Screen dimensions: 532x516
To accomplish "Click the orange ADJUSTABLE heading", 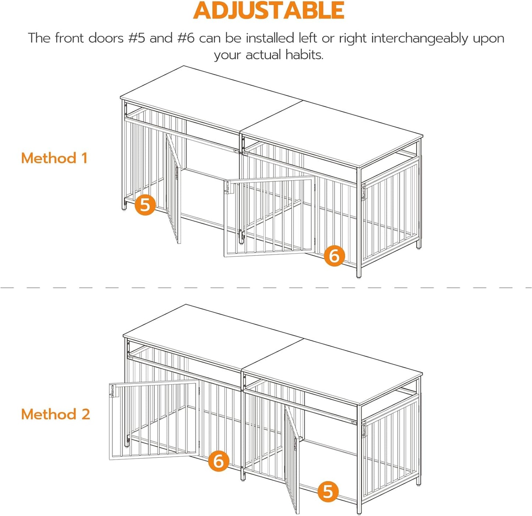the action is (x=268, y=10).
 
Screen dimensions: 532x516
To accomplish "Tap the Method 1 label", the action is (x=54, y=158).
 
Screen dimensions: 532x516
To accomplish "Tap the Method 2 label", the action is (x=56, y=414).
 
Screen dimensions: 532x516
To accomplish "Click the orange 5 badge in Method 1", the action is (x=145, y=204).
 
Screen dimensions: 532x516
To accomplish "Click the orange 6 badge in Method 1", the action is (x=334, y=256).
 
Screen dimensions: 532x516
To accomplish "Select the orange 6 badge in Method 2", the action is (x=219, y=461).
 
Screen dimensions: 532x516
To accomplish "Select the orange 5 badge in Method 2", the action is (x=328, y=491).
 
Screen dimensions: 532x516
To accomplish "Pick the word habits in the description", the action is (x=304, y=55).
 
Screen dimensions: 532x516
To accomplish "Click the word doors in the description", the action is (x=106, y=38).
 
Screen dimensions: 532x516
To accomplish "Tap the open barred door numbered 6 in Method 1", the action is (x=269, y=217).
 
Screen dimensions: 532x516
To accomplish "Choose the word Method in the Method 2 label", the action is (x=49, y=414).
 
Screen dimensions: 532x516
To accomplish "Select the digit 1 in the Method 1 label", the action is (x=85, y=158).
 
